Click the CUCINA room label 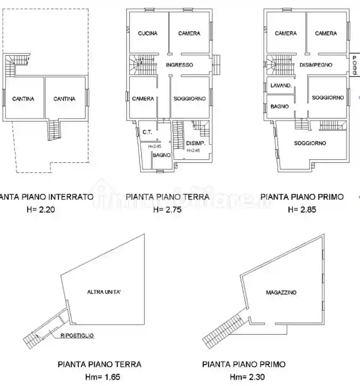coord(148,33)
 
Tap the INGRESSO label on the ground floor coord(179,65)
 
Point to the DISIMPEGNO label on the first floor coord(316,65)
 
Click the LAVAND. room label coord(281,86)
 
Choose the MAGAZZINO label coord(281,293)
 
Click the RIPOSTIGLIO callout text coord(78,335)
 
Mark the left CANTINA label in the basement coord(23,99)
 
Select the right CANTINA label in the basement coord(64,99)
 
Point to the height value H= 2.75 coord(168,210)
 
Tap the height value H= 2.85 coord(302,210)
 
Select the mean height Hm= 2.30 coord(247,377)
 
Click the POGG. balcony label coord(354,65)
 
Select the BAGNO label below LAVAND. coord(280,107)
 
